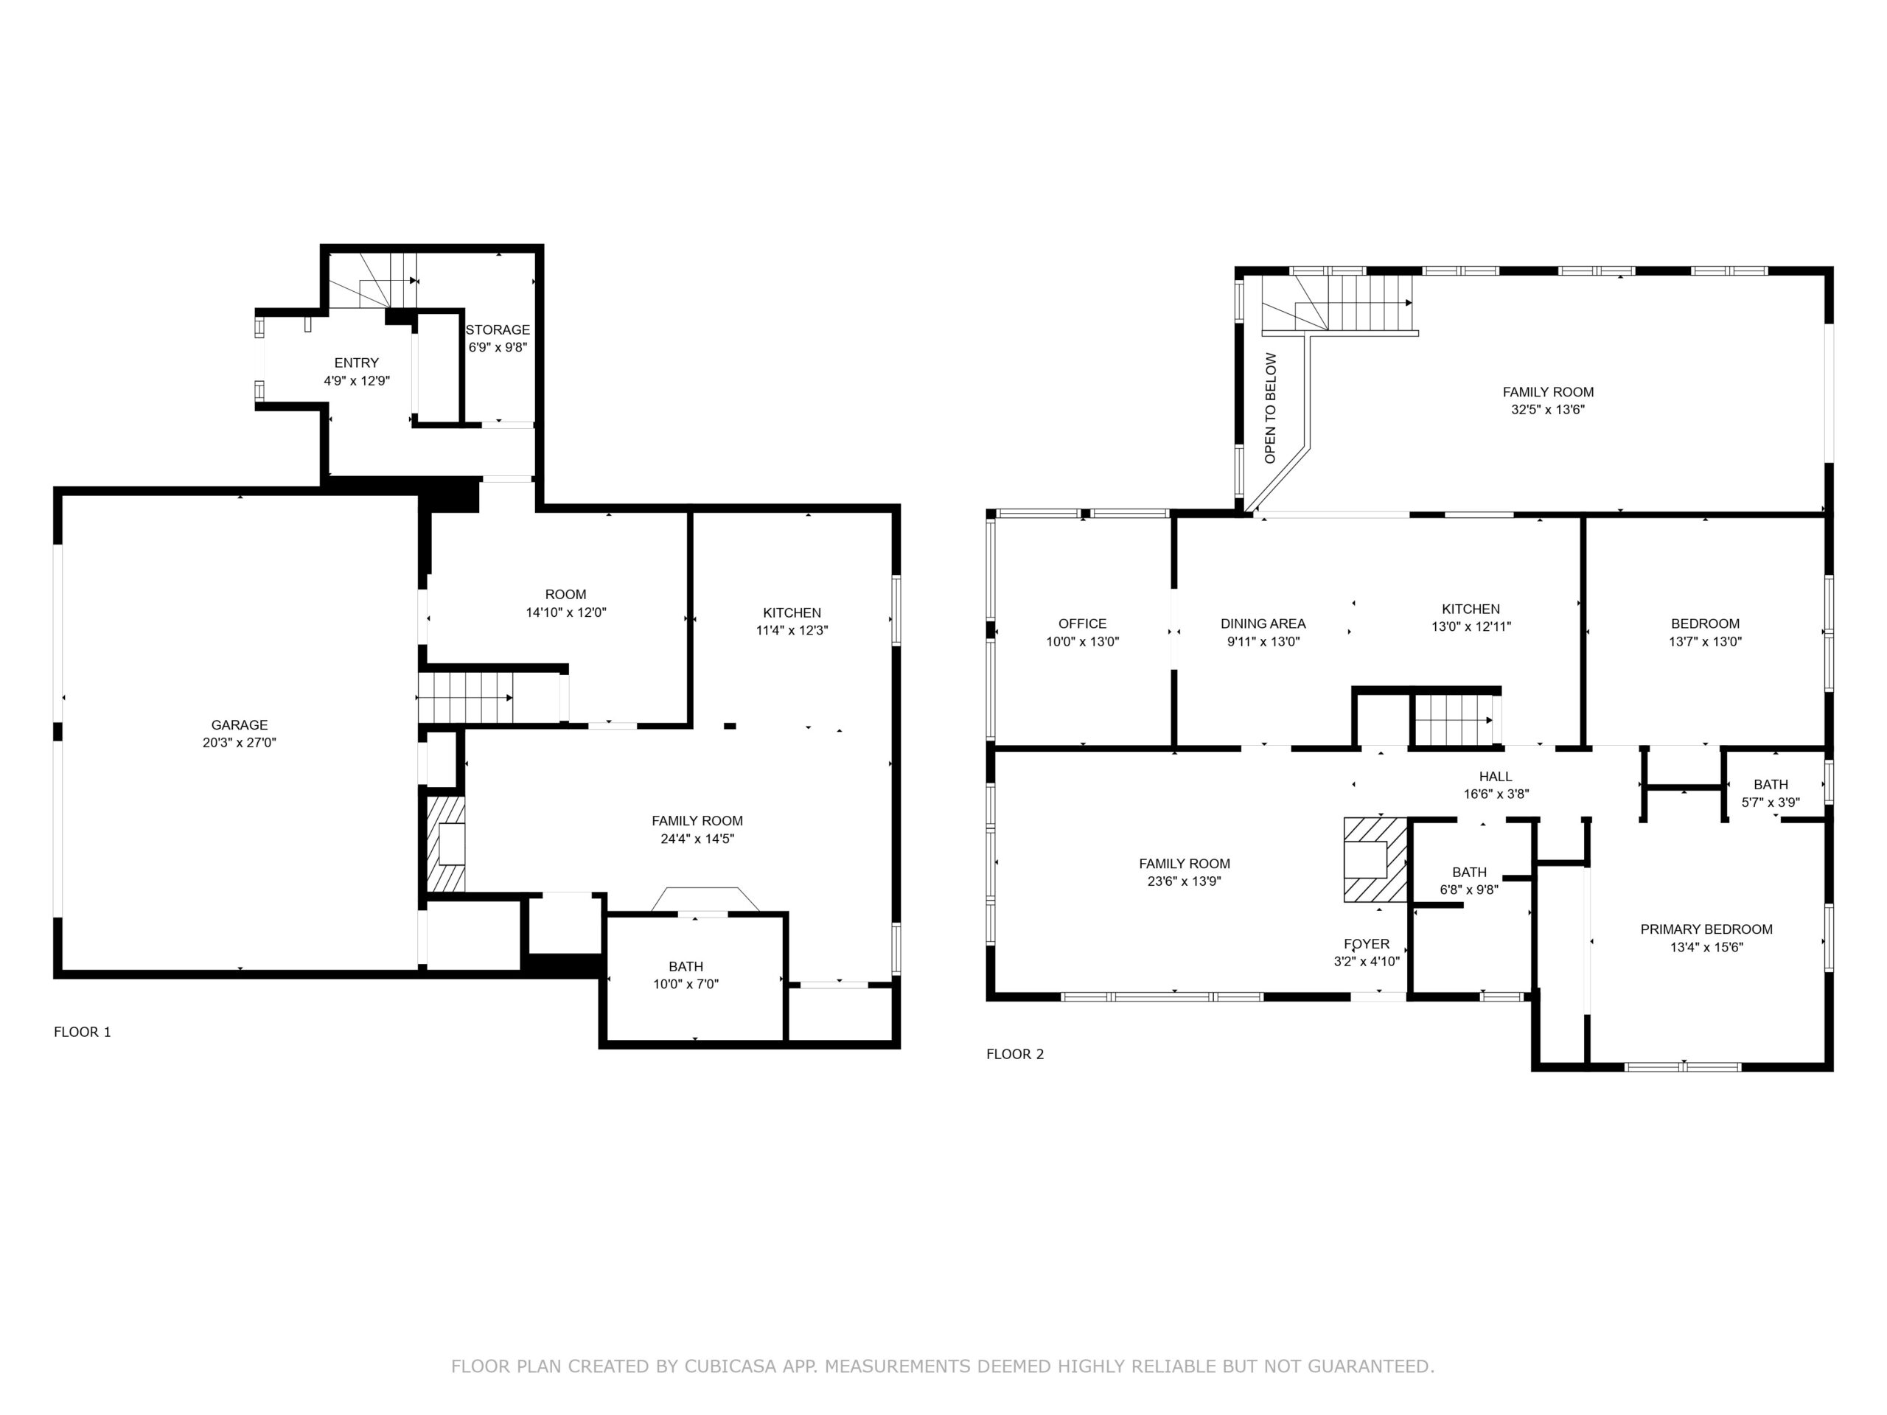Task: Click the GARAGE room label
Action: point(240,725)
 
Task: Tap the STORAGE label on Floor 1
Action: point(498,329)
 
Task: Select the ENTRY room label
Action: point(357,363)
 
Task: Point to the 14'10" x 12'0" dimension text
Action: point(565,612)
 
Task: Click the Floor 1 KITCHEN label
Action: point(792,612)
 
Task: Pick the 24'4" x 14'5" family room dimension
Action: point(697,839)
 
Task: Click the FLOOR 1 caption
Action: point(83,1032)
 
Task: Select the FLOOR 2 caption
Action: point(1015,1054)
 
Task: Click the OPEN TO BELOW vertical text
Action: point(1270,408)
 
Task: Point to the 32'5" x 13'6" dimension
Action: point(1549,410)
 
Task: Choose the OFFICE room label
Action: point(1083,623)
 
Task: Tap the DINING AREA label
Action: point(1263,623)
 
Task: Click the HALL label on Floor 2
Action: point(1496,776)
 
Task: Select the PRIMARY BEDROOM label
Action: point(1706,929)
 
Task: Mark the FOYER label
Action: point(1367,943)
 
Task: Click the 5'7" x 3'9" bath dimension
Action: point(1771,802)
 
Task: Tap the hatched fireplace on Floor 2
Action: point(1375,860)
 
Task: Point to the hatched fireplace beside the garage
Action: point(446,845)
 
